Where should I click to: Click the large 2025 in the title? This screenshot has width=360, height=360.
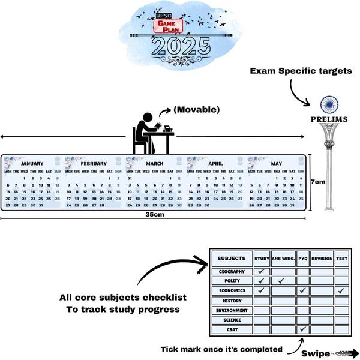(x=180, y=46)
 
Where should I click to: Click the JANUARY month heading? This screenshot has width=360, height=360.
(x=32, y=163)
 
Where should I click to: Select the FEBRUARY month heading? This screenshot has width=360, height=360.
(x=94, y=163)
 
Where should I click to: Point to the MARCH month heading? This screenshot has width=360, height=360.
(x=154, y=163)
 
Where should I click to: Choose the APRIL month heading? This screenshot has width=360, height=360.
(x=215, y=163)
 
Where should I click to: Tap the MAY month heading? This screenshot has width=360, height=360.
(x=276, y=163)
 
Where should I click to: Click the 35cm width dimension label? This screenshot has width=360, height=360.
(x=155, y=214)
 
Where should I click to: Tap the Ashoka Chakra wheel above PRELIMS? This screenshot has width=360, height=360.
(x=329, y=105)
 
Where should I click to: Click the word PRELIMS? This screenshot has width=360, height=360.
(x=329, y=119)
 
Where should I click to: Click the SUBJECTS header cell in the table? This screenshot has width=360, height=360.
(x=231, y=259)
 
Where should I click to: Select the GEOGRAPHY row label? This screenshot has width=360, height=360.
(x=231, y=271)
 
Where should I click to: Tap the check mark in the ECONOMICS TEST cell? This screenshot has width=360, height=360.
(x=341, y=291)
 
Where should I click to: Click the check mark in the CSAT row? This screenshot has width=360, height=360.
(x=303, y=329)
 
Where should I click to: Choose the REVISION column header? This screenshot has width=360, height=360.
(x=322, y=259)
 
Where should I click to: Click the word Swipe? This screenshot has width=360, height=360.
(x=314, y=353)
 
